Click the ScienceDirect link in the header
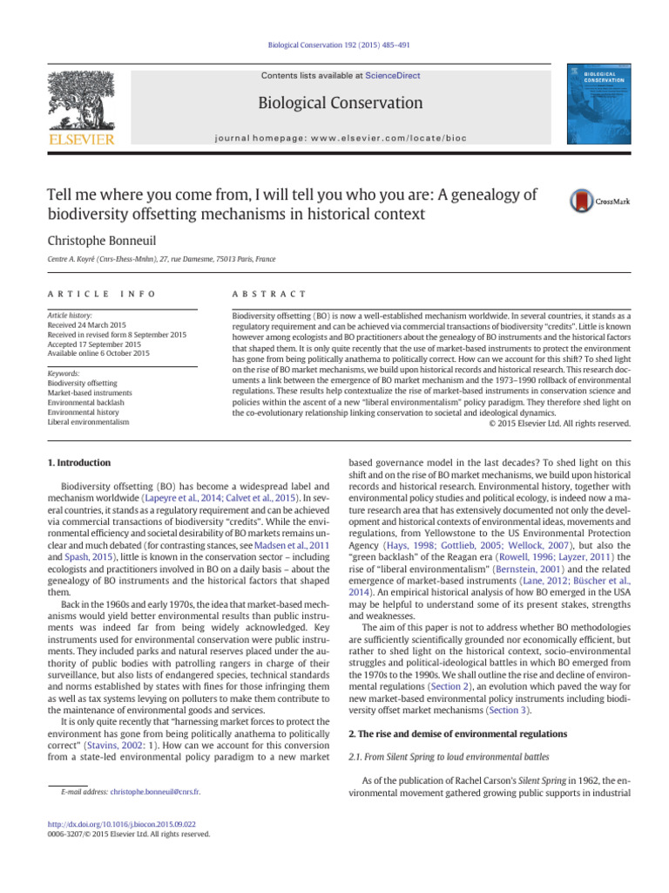(392, 76)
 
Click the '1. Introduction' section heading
(81, 462)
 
